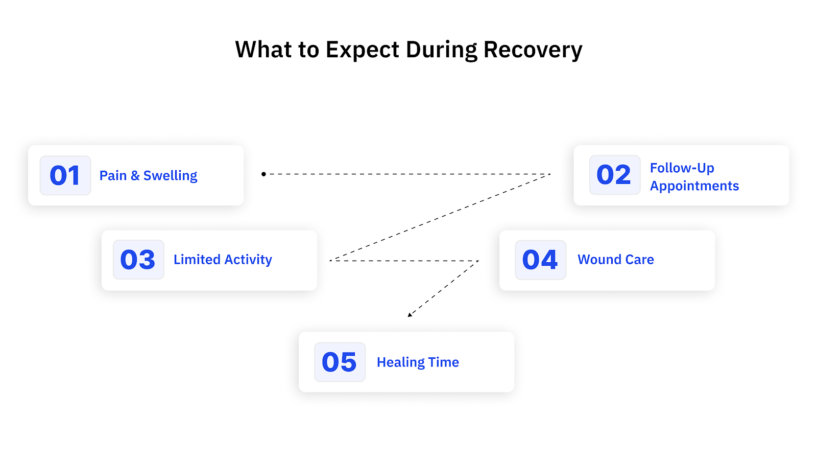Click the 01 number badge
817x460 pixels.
(x=65, y=175)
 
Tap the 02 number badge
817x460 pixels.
(x=614, y=175)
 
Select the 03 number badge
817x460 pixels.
(x=138, y=260)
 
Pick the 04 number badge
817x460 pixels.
(x=540, y=260)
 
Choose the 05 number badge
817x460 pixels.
(x=340, y=362)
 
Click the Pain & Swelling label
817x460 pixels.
(x=148, y=175)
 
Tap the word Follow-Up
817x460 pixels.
(x=682, y=168)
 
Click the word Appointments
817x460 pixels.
(x=694, y=186)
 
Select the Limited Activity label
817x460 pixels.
(x=223, y=260)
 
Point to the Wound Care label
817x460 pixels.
(x=615, y=260)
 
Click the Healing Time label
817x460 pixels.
(x=418, y=362)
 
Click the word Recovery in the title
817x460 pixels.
(x=533, y=50)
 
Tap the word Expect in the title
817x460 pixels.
(x=363, y=50)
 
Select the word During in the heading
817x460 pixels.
(x=442, y=50)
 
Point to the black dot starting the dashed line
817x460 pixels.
(x=263, y=174)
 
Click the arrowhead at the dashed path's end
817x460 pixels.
(x=410, y=315)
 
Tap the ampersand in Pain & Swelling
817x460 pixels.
(x=135, y=175)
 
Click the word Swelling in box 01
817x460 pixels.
(x=170, y=175)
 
